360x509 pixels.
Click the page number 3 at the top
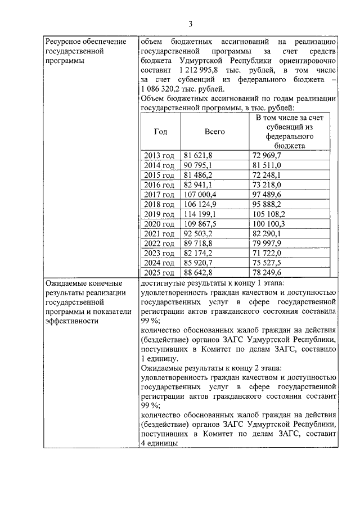[x=190, y=24]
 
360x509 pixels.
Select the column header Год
[x=160, y=131]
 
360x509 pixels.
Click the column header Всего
[x=214, y=131]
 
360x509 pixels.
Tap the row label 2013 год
[x=160, y=155]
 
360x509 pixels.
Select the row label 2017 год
[x=160, y=193]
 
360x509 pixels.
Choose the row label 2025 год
[x=160, y=272]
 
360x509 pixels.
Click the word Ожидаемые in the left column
[x=67, y=282]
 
